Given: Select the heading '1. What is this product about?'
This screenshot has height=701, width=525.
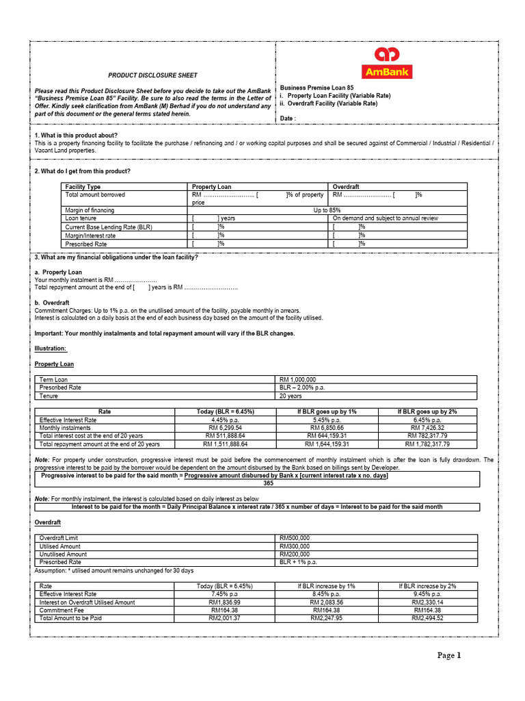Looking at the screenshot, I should pos(77,135).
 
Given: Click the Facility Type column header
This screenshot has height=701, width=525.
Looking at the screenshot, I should pos(83,187).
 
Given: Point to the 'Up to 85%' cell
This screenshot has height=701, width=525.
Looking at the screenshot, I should pos(327,210).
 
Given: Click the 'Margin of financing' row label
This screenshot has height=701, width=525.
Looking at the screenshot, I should pos(90,210).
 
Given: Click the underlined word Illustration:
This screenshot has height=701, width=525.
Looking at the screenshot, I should pos(51,348).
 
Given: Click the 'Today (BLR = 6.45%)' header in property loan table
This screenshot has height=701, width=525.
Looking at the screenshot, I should pos(224,411).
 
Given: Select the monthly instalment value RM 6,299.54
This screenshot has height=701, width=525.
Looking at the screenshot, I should pos(224,427).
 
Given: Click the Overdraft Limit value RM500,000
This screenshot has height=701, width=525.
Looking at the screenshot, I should pos(295,538).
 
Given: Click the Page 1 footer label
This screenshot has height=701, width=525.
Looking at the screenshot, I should pos(450,656).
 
